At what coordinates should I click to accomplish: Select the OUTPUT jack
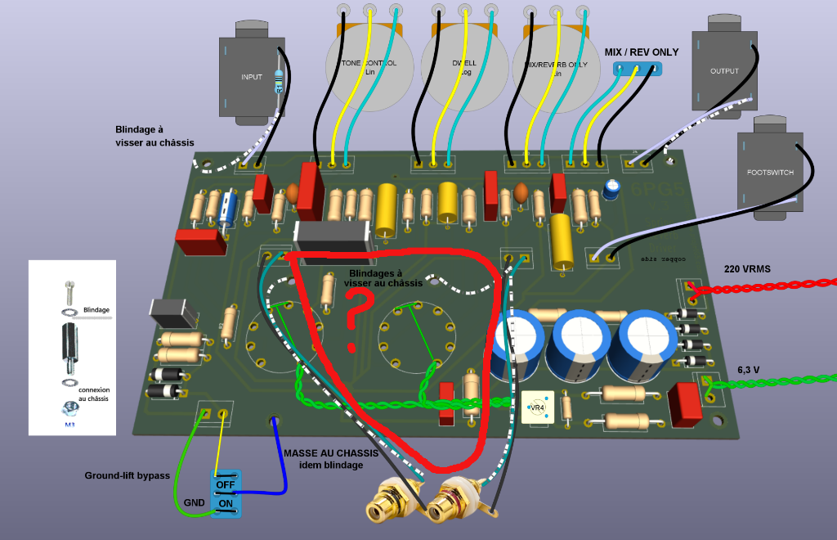tap(723, 70)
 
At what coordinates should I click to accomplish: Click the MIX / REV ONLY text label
tap(641, 52)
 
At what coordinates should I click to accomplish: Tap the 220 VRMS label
tap(747, 268)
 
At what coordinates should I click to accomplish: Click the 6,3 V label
tap(749, 370)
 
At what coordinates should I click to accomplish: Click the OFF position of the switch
tap(225, 484)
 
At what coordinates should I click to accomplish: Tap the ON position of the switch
tap(225, 504)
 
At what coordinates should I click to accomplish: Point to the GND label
tap(194, 502)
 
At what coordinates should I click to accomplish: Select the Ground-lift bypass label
tap(127, 475)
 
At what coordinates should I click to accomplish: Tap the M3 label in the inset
tap(69, 425)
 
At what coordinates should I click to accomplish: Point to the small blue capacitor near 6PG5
tap(611, 190)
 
